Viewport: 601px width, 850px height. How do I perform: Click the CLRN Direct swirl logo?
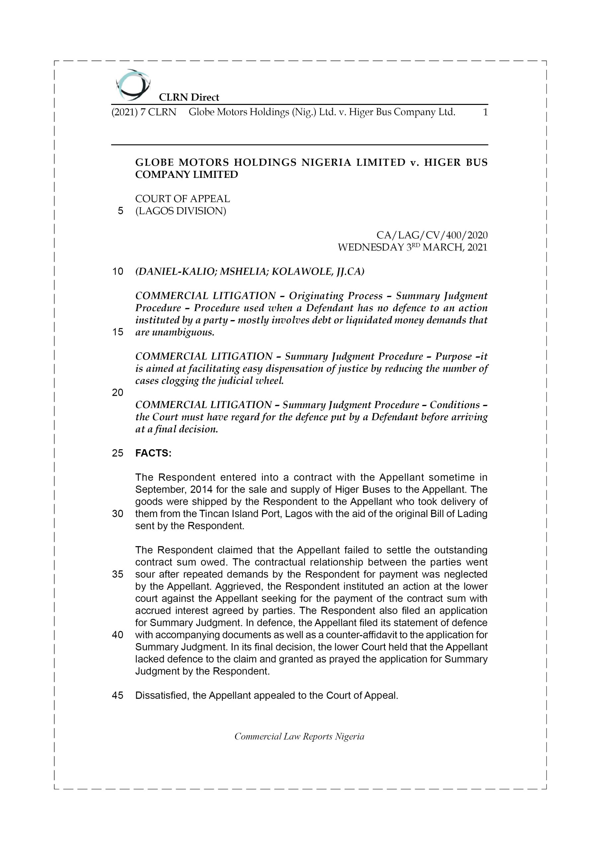coord(132,85)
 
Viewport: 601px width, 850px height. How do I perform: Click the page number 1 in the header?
coord(485,112)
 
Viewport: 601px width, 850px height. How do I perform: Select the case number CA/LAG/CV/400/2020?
coord(432,235)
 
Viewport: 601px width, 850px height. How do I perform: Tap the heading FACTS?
coord(153,453)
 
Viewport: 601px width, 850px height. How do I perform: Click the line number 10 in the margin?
coord(118,272)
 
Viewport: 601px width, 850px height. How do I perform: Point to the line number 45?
coord(118,696)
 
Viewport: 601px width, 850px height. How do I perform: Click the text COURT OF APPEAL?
coord(183,199)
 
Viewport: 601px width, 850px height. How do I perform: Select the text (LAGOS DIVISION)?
coord(181,211)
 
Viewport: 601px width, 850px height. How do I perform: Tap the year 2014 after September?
coord(201,489)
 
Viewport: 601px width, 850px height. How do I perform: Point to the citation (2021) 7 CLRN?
coord(144,112)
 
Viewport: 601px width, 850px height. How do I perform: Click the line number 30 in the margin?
coord(118,514)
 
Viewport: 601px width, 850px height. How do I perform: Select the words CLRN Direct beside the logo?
coord(189,97)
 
